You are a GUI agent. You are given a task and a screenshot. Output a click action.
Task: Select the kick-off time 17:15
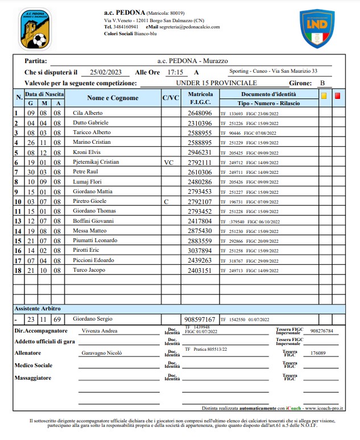(x=175, y=72)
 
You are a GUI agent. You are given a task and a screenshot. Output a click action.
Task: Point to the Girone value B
(x=322, y=82)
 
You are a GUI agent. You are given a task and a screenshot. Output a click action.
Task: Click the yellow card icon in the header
(x=324, y=96)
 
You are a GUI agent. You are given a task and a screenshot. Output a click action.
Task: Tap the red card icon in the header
(x=337, y=96)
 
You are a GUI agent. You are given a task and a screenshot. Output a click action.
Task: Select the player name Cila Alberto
(x=88, y=113)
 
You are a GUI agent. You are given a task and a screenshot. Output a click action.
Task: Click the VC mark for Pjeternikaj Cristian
(x=169, y=162)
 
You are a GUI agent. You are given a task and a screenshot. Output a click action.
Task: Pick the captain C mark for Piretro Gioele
(x=166, y=201)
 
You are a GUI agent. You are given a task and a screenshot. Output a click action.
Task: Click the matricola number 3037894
(x=200, y=250)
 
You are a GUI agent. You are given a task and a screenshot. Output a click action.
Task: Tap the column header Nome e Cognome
(x=113, y=98)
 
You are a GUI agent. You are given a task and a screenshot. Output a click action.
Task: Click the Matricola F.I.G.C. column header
(x=200, y=98)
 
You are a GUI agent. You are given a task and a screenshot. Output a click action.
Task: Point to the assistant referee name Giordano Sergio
(x=93, y=319)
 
